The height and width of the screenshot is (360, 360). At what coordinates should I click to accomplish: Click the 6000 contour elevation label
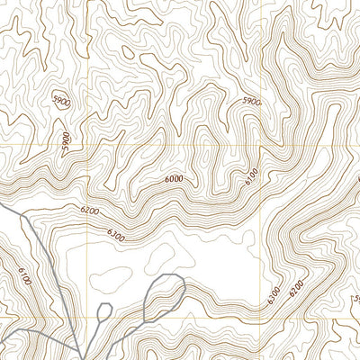174,179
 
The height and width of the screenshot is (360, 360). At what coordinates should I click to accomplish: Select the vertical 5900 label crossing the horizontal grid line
65,141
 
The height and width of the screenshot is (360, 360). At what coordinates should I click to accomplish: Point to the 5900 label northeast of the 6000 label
251,103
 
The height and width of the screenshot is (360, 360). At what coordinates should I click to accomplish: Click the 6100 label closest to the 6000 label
251,177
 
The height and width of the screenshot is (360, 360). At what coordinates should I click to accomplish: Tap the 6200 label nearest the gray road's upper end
89,210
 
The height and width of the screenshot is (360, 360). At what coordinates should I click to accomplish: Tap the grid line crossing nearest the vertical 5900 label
86,145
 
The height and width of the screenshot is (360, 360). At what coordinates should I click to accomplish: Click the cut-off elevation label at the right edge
355,297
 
